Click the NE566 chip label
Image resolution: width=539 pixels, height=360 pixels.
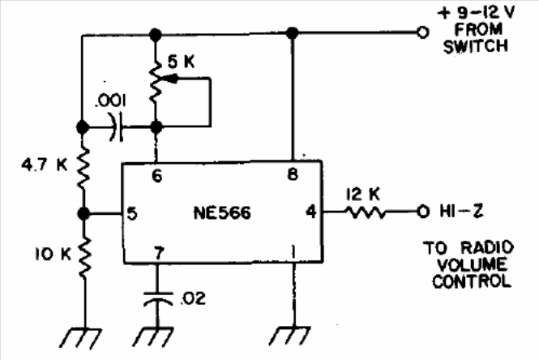pos(222,212)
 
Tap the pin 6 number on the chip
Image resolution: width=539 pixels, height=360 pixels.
pos(156,176)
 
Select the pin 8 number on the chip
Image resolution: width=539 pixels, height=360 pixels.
pos(293,174)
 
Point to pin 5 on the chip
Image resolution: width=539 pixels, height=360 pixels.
pos(132,213)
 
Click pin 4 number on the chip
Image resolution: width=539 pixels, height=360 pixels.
pos(311,212)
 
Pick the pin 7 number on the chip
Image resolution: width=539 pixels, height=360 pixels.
pos(159,254)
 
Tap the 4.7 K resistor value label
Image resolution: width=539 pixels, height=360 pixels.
pos(45,165)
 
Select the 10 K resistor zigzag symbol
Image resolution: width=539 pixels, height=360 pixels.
pos(84,257)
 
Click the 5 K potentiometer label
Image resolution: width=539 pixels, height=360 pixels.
pos(182,62)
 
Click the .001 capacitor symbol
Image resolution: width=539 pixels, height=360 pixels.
pos(116,127)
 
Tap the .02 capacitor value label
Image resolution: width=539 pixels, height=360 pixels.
pos(193,298)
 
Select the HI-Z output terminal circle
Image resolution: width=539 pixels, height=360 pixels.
pos(423,212)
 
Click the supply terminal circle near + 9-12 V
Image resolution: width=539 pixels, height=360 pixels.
pos(423,32)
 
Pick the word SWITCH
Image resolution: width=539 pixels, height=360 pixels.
pos(476,46)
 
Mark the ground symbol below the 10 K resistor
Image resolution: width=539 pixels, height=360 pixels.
pos(81,338)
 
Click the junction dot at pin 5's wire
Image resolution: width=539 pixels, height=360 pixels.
pos(83,214)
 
